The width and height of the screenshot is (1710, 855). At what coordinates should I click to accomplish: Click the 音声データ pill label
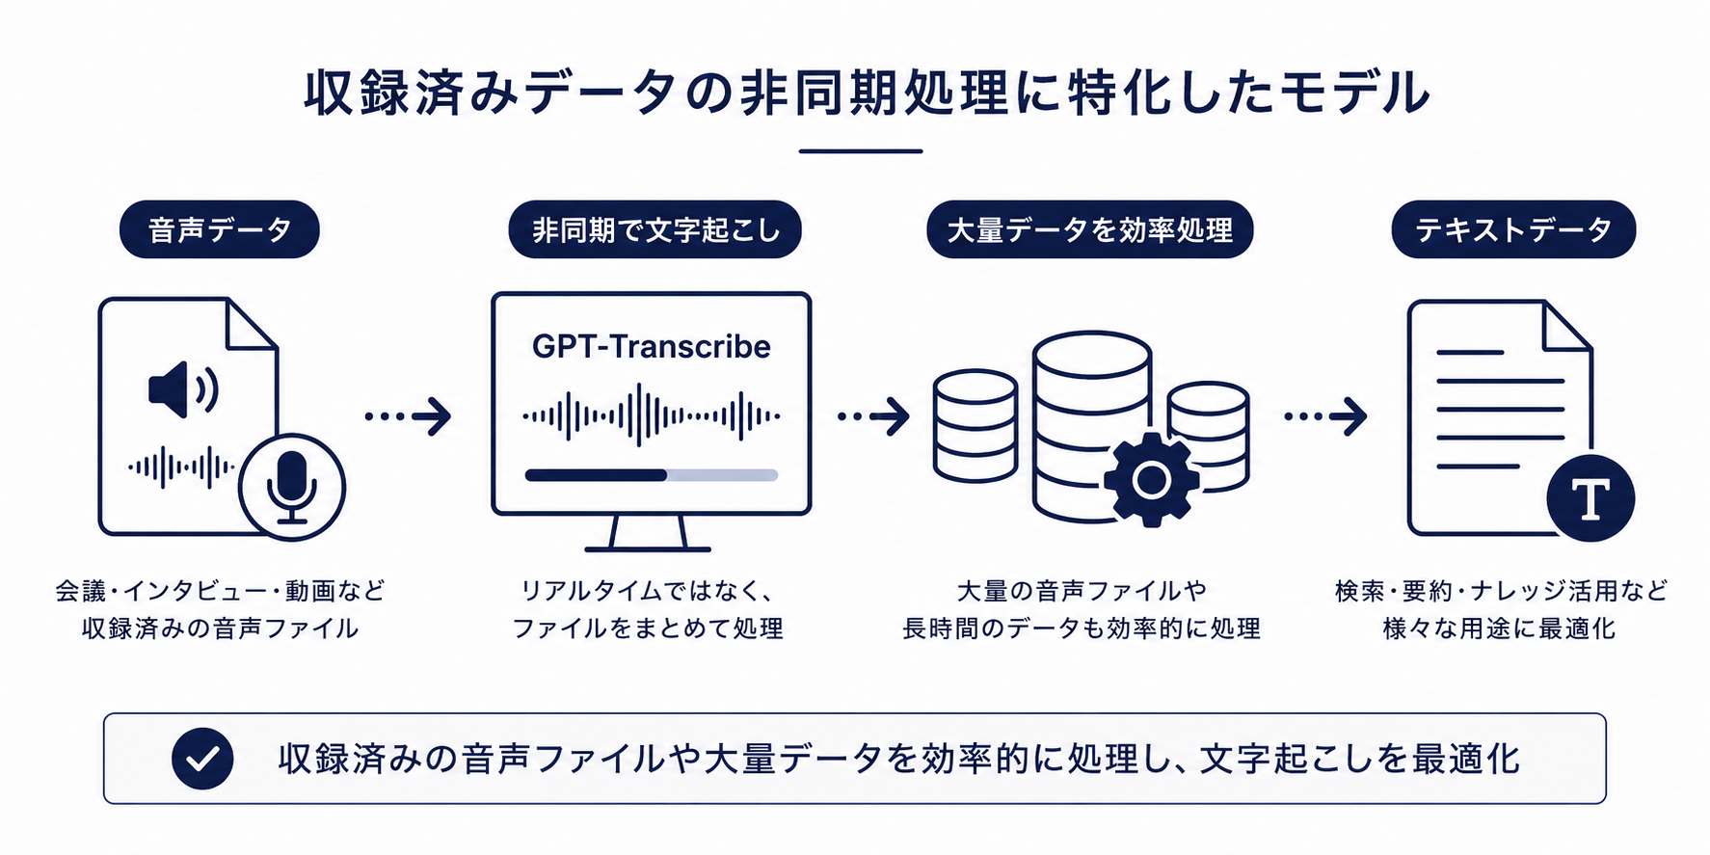coord(219,229)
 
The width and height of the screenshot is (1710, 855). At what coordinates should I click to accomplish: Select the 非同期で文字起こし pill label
coord(655,229)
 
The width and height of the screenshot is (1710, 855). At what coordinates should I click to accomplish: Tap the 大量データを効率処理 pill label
coord(1089,229)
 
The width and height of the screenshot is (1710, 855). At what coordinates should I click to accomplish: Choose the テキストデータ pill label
coord(1513,229)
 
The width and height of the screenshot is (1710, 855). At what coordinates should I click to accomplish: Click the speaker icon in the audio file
coord(183,388)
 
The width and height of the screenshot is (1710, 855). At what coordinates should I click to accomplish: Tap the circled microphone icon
coord(292,487)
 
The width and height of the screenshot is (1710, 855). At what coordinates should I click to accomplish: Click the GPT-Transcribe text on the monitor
coord(651,346)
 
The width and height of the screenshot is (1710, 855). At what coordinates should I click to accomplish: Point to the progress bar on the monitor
coord(651,475)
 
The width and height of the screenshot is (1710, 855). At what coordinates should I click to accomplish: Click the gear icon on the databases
coord(1150,479)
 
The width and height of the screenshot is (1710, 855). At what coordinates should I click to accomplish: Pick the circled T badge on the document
coord(1590,498)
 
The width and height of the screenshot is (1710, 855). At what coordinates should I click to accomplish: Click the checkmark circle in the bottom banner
coord(202,759)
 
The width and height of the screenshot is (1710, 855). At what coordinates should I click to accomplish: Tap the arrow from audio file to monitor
coord(408,416)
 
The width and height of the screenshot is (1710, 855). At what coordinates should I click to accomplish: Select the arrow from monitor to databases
coord(873,416)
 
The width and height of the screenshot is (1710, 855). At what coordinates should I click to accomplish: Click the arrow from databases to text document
coord(1325,416)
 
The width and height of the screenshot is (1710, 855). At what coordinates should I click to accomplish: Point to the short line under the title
coord(861,151)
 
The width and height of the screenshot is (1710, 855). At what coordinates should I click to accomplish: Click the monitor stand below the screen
coord(648,533)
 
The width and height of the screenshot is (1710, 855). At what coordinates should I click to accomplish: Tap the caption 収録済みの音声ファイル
coord(220,628)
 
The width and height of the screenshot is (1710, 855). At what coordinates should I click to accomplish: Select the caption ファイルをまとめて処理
coord(648,628)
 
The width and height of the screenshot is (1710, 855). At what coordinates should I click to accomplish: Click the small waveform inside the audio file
coord(181,468)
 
